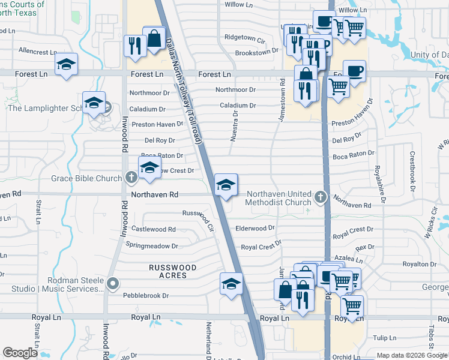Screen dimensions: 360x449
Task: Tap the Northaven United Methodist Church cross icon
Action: coord(320,197)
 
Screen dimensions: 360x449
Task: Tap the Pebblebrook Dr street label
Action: coord(146,295)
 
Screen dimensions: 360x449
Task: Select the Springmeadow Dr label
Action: coord(152,245)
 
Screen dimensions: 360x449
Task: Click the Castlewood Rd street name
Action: coord(154,229)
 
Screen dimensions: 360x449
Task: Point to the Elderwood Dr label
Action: coord(255,228)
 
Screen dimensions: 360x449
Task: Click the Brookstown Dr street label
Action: coord(256,52)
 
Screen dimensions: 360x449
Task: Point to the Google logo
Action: coord(20,353)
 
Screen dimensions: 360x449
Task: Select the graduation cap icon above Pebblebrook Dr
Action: coord(231,284)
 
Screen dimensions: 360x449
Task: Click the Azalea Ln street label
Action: coord(351,261)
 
